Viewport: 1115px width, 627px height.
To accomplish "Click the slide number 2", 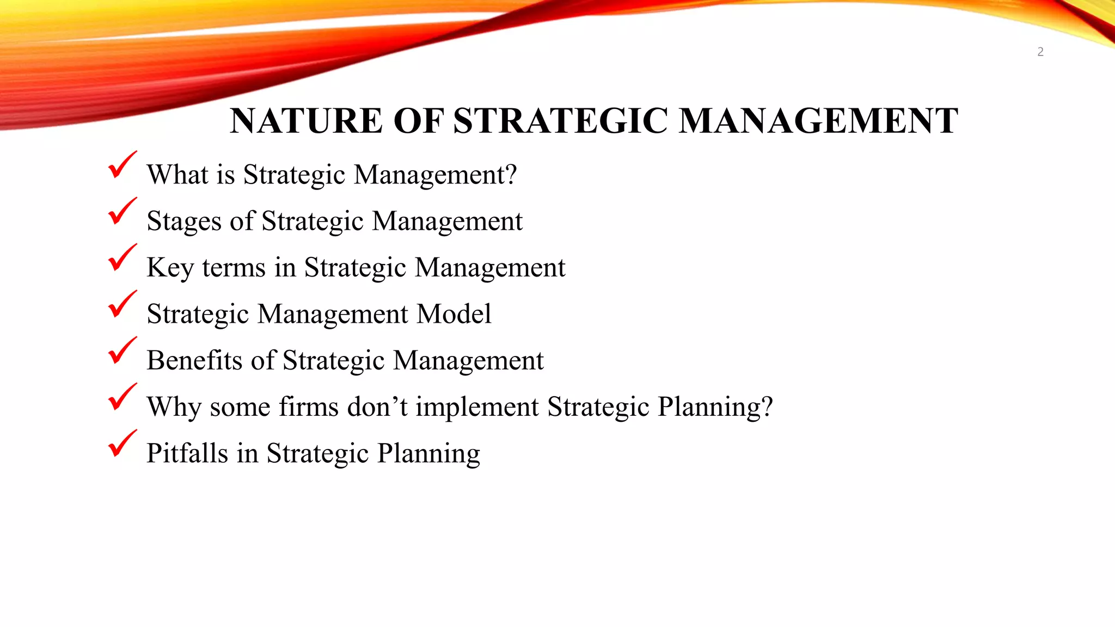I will tap(1040, 52).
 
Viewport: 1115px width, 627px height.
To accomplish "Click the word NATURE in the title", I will tap(306, 121).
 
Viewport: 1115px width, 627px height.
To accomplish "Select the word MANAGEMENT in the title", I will tap(818, 121).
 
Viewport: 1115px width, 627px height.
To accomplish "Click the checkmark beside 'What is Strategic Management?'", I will tap(121, 165).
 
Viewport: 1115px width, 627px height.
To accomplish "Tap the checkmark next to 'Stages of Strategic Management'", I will tap(121, 212).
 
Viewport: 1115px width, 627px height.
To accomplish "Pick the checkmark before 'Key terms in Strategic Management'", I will tap(121, 258).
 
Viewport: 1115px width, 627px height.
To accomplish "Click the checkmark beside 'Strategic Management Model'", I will tap(121, 305).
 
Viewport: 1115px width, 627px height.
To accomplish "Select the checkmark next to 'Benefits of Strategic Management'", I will tap(121, 351).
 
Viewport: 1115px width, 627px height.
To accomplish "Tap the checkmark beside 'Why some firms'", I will tap(121, 397).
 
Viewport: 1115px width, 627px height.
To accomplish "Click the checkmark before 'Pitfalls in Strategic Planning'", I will tap(121, 444).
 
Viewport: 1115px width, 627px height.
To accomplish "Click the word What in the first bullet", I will tap(177, 175).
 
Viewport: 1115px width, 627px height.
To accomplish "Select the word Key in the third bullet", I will tap(170, 268).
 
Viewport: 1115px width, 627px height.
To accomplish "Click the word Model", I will tap(454, 314).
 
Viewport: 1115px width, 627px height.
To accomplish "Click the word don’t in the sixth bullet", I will tap(377, 407).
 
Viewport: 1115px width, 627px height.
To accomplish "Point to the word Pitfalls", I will tap(187, 453).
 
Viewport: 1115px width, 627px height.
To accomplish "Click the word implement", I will tap(477, 407).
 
